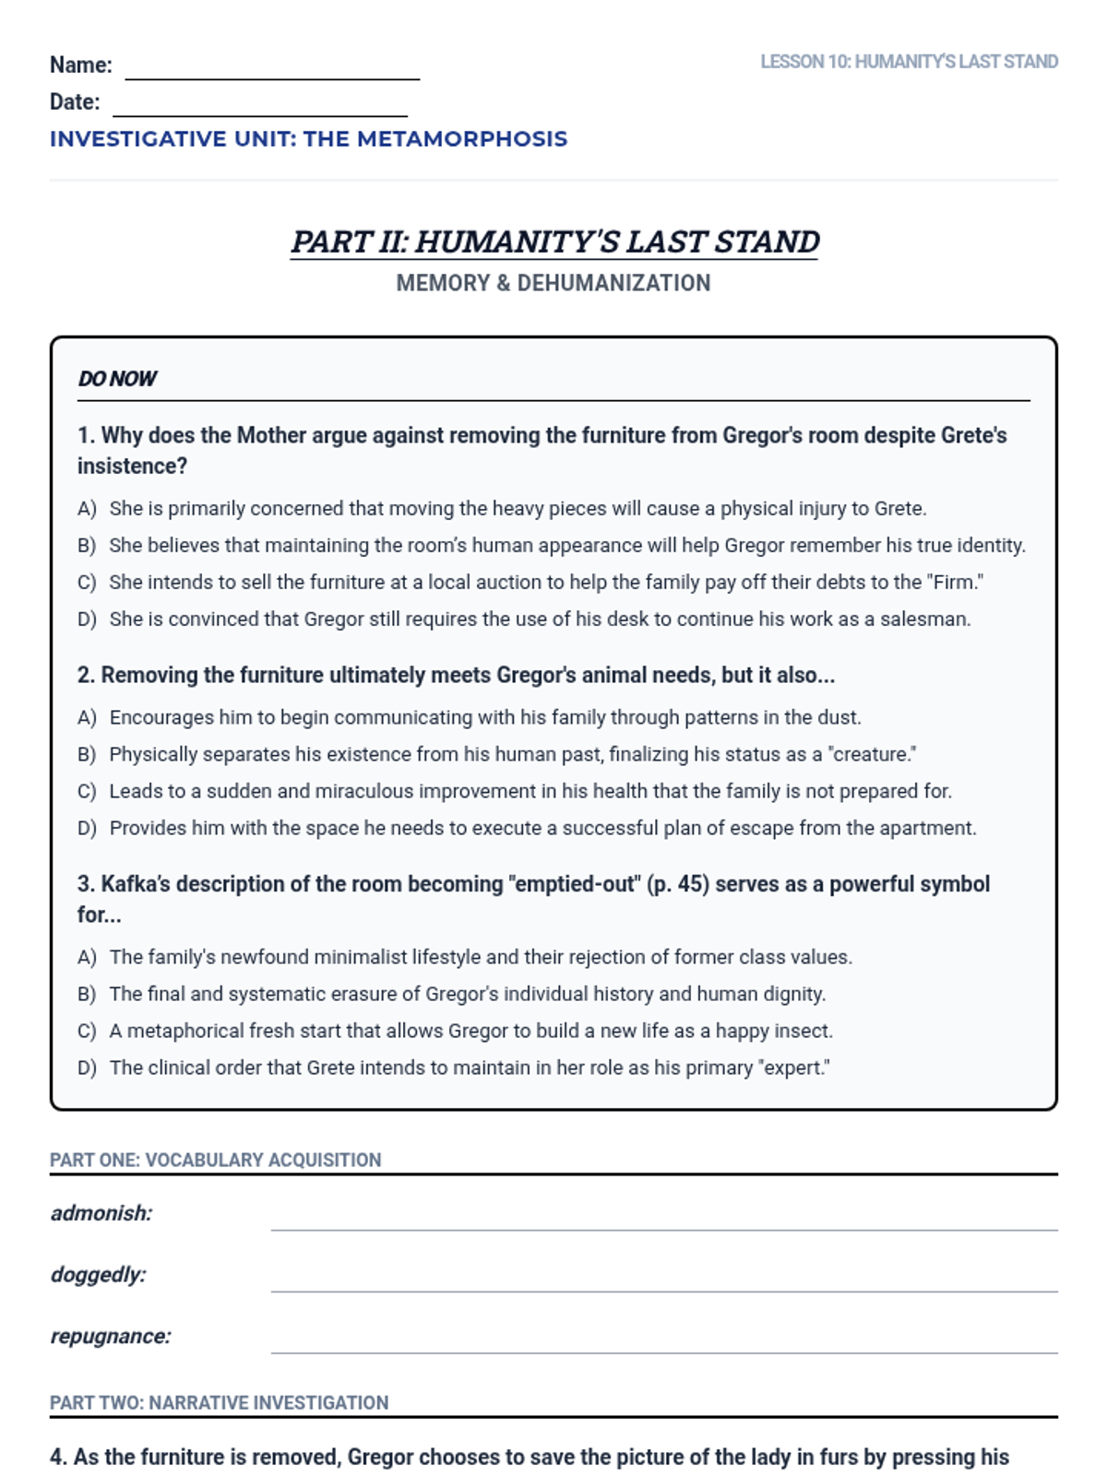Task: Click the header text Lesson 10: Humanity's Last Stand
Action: click(x=909, y=62)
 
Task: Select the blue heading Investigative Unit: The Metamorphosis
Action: click(x=308, y=139)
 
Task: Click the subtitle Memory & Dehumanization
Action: click(x=553, y=283)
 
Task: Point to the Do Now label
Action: click(x=117, y=379)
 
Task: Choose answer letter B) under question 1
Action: click(x=87, y=546)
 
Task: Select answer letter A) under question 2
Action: click(x=87, y=718)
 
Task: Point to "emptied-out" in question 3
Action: click(x=572, y=884)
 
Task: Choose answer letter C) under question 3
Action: click(x=87, y=1032)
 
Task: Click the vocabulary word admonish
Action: click(x=101, y=1213)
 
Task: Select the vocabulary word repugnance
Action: click(x=111, y=1337)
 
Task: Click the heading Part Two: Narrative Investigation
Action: click(x=220, y=1403)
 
